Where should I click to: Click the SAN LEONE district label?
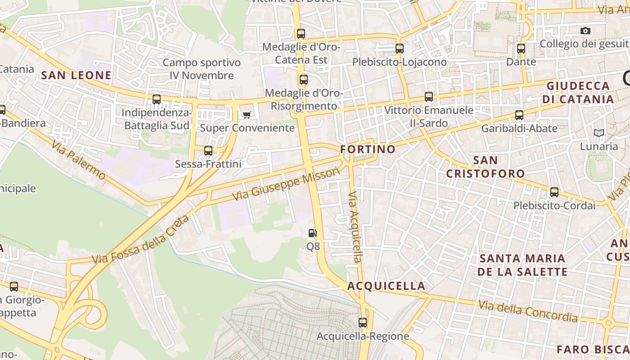(x=76, y=75)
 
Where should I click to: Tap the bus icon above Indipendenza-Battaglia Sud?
(x=157, y=99)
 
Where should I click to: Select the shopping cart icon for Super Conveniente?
(x=247, y=115)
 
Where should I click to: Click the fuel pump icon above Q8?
(x=313, y=233)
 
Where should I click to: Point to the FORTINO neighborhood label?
(x=368, y=149)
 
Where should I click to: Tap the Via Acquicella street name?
(x=355, y=227)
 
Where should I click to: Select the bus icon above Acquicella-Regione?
(x=363, y=322)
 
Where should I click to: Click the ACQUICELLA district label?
(x=386, y=286)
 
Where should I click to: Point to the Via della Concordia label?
(x=528, y=311)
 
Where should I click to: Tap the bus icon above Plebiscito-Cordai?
(x=554, y=192)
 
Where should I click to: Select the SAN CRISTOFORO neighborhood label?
(x=486, y=167)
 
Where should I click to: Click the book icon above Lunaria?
(x=598, y=133)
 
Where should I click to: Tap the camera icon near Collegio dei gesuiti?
(x=585, y=31)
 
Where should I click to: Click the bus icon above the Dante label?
(x=521, y=49)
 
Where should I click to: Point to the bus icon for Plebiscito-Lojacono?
(x=400, y=49)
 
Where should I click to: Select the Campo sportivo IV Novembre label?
(x=202, y=69)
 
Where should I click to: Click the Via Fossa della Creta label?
(x=140, y=240)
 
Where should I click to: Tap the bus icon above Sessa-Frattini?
(x=208, y=151)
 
